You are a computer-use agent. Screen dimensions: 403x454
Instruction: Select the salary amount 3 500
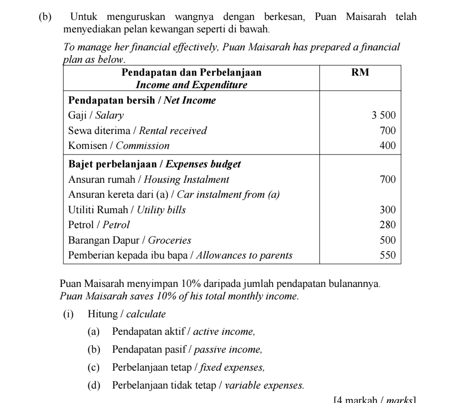pos(383,116)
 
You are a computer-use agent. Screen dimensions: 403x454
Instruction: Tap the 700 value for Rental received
pos(387,131)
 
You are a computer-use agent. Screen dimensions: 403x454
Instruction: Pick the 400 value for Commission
pos(387,146)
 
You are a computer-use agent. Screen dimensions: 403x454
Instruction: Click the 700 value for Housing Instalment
pos(387,179)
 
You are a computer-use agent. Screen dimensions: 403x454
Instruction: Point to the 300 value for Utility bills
pos(387,210)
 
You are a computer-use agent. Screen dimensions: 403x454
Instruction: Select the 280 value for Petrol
pos(387,225)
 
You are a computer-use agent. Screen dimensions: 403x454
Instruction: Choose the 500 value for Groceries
pos(387,241)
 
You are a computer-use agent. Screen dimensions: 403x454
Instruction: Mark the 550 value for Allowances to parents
pos(387,256)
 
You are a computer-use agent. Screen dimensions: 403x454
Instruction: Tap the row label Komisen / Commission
pos(119,146)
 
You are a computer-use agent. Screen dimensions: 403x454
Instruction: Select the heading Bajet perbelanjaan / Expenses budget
pos(154,164)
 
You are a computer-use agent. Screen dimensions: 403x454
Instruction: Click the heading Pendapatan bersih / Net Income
pos(142,101)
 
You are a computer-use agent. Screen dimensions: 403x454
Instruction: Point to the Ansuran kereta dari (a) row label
pos(173,194)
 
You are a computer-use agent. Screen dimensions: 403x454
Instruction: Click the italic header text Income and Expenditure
pos(191,85)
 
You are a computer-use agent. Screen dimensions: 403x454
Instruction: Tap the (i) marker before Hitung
pos(68,314)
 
